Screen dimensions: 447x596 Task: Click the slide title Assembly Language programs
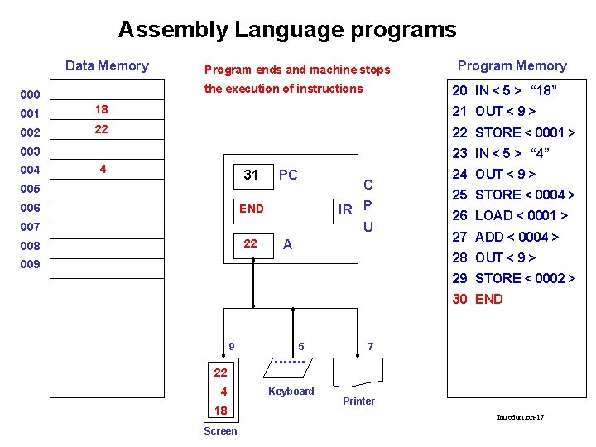click(x=286, y=31)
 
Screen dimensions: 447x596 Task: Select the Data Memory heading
click(x=107, y=66)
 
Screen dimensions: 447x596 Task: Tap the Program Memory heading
click(x=512, y=66)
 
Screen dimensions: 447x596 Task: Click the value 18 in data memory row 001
click(x=102, y=109)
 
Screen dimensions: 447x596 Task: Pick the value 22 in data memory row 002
click(x=102, y=130)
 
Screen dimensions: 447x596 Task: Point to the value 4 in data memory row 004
click(x=102, y=169)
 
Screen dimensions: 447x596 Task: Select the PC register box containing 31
click(x=252, y=175)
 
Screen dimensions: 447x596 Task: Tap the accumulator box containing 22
click(x=250, y=243)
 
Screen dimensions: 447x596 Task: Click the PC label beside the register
click(x=288, y=175)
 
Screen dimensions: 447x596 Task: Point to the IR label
click(x=346, y=209)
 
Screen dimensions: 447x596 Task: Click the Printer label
click(x=358, y=401)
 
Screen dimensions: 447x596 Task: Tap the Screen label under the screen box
click(x=220, y=431)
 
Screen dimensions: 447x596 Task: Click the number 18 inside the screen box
click(x=220, y=411)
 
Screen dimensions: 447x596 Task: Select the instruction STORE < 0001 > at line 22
click(x=525, y=132)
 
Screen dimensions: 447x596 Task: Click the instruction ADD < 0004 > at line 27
click(x=517, y=237)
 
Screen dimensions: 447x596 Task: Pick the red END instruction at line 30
click(x=488, y=299)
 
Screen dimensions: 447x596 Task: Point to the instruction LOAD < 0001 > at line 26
click(x=521, y=215)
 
